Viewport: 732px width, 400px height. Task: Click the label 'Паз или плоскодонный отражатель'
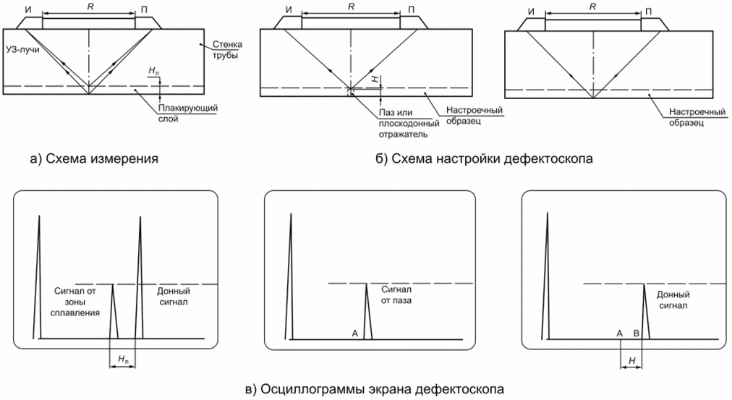point(404,123)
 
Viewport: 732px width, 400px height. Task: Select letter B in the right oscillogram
point(636,333)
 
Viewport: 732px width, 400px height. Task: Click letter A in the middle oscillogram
point(354,333)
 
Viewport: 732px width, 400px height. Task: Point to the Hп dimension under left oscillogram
point(123,359)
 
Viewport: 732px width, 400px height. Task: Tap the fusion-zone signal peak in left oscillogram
point(113,311)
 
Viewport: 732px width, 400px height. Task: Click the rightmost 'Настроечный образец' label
point(693,118)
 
